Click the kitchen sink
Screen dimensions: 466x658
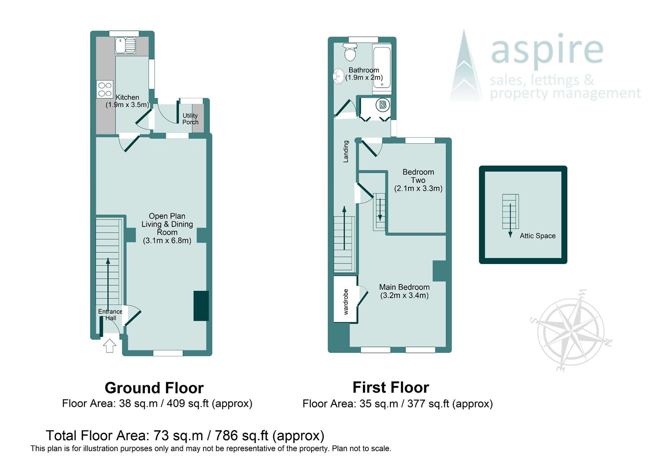click(x=125, y=45)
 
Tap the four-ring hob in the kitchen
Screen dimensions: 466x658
click(x=105, y=89)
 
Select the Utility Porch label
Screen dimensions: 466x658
click(x=190, y=119)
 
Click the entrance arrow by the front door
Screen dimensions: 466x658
click(x=109, y=346)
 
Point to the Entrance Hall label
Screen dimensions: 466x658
click(x=110, y=315)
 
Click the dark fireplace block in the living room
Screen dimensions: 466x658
click(x=201, y=305)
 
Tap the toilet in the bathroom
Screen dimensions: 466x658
click(x=350, y=53)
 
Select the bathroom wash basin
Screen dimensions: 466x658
click(x=338, y=76)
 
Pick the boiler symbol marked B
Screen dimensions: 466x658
click(x=383, y=105)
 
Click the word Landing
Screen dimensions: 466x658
click(x=346, y=151)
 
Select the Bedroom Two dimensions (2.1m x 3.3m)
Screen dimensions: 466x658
click(x=418, y=188)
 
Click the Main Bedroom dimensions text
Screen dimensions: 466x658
click(x=404, y=296)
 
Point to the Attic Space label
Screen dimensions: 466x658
click(x=537, y=236)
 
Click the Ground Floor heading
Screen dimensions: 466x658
click(x=154, y=388)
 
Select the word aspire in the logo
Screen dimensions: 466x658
click(x=546, y=50)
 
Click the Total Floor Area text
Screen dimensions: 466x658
click(x=185, y=435)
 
